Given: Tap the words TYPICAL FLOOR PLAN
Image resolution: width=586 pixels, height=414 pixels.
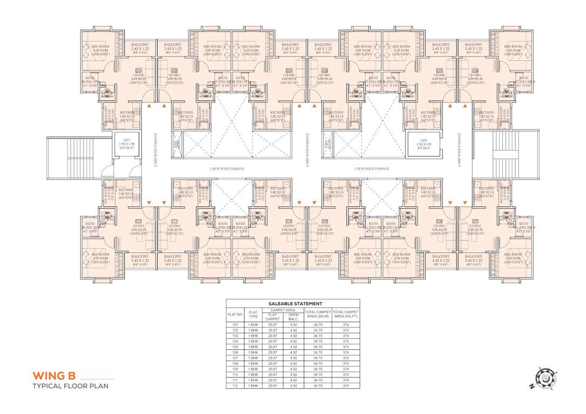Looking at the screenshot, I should (x=70, y=386).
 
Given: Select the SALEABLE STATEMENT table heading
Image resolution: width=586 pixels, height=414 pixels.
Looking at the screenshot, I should (x=292, y=304).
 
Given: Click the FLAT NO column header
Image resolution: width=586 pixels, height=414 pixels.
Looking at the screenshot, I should (x=235, y=314).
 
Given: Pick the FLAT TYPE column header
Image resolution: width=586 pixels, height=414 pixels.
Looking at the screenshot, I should (x=253, y=314).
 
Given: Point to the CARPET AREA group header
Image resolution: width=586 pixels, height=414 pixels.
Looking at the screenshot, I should (x=283, y=310).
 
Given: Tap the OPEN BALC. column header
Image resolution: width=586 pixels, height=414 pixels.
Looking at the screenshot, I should (x=294, y=317).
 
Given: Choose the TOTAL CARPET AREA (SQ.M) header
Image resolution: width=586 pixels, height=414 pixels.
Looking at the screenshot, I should (x=318, y=314).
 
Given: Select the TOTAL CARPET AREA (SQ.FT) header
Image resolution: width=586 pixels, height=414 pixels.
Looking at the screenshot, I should (x=345, y=314).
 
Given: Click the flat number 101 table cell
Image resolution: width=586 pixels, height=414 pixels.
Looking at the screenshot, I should (x=235, y=325).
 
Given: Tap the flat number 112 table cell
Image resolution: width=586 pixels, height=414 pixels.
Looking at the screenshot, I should (x=235, y=386).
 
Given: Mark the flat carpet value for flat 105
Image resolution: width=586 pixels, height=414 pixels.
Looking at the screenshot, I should (x=273, y=347).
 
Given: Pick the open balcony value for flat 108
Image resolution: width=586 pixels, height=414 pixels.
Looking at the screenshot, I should (x=294, y=364).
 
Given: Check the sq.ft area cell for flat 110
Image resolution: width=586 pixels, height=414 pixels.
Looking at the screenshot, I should (x=345, y=375).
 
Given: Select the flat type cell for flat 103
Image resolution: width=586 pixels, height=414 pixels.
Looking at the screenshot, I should (x=253, y=336).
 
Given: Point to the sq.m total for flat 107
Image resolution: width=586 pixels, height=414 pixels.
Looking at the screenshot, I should (x=318, y=358).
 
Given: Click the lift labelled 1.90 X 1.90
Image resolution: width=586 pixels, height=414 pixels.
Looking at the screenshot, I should (x=125, y=145).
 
